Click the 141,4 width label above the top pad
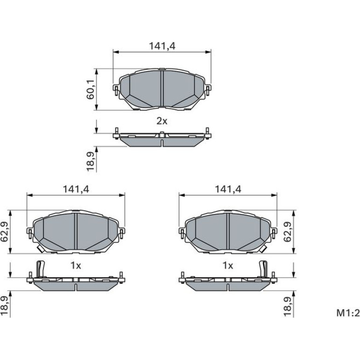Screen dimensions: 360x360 click(162, 46)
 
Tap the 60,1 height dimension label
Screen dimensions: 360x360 click(90, 90)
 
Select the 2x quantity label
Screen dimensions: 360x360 click(162, 121)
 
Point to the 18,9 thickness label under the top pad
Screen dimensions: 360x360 click(90, 162)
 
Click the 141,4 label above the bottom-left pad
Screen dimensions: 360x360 click(76, 189)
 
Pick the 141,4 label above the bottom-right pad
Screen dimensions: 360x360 click(228, 189)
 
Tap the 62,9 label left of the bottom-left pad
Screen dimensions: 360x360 click(4, 232)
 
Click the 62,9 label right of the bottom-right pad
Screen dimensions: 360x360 click(288, 232)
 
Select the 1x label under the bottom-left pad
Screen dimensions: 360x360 click(76, 266)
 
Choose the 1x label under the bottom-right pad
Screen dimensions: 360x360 click(228, 266)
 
